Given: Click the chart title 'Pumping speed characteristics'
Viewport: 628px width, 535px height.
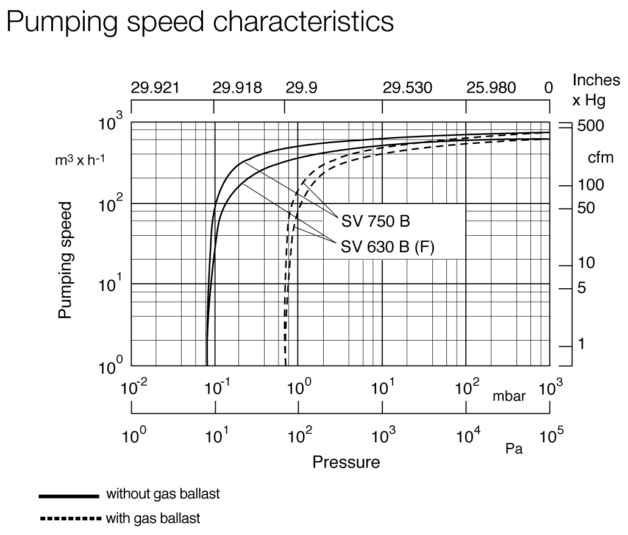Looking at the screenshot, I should tap(199, 23).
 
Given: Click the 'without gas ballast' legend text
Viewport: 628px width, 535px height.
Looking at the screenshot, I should tap(163, 494).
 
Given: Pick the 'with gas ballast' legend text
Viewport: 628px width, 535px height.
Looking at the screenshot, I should tap(153, 519).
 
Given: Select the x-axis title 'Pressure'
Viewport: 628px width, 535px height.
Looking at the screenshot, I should tap(346, 462).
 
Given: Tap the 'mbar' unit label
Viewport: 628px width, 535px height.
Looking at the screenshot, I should tap(509, 397).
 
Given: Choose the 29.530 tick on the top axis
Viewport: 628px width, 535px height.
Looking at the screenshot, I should tap(407, 88).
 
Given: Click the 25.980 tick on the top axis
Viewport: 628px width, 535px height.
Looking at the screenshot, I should tap(491, 88).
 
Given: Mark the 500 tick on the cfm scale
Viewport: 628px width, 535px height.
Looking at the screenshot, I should tap(590, 126).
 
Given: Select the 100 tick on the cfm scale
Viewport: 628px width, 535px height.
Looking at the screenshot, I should tap(590, 185).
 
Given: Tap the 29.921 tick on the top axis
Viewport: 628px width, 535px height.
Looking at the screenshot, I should tap(155, 88).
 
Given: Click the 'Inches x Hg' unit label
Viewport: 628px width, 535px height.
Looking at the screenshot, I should tap(596, 90).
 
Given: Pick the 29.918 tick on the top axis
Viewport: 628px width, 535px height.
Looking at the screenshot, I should tap(237, 88).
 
